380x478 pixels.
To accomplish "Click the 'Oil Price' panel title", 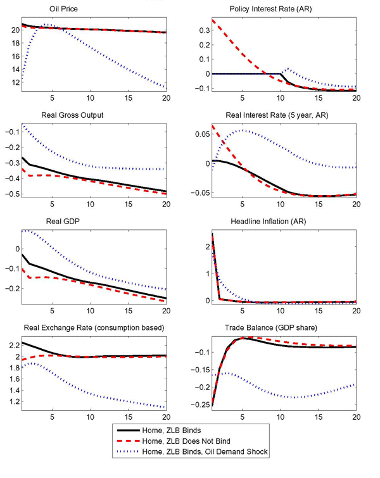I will [64, 9].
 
